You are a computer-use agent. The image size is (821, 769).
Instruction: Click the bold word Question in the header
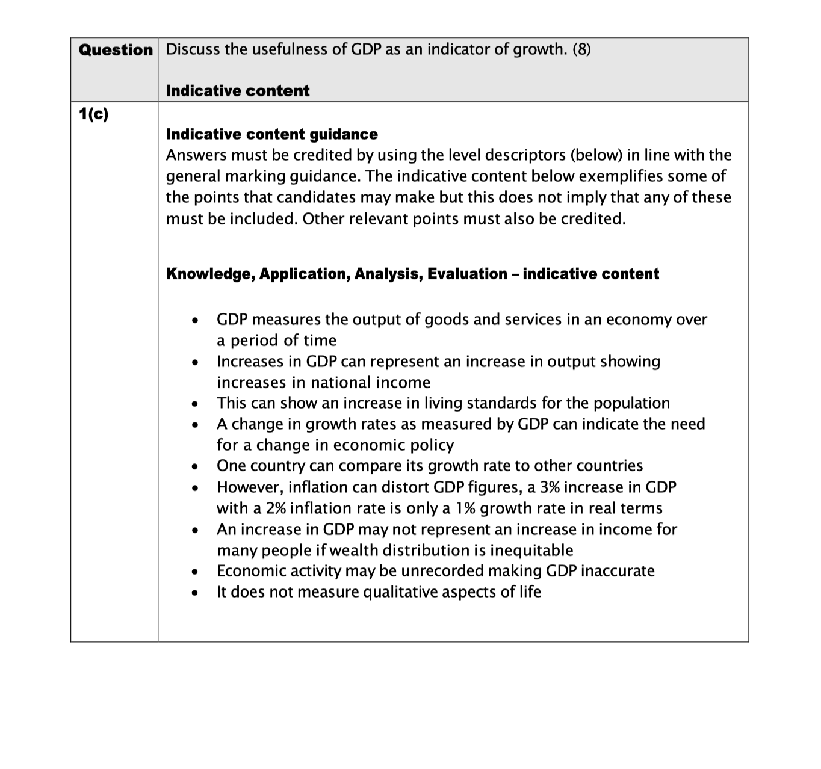tap(116, 50)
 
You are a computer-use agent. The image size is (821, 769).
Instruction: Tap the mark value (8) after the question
tap(581, 49)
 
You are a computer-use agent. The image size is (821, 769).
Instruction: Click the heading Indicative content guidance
tap(271, 134)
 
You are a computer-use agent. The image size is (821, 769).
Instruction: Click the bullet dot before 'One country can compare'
tap(194, 467)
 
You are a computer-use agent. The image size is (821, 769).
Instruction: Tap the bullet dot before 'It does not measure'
tap(194, 593)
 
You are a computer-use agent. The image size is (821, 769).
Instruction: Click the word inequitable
tap(531, 550)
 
